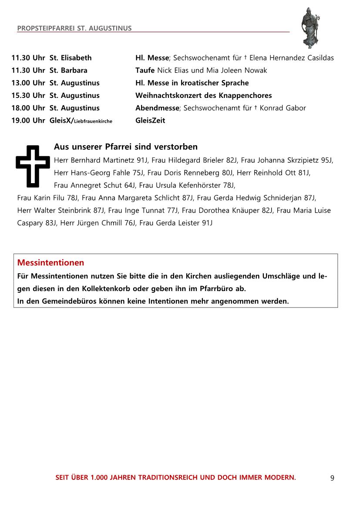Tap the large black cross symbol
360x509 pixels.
coord(33,165)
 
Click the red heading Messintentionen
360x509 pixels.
coord(50,263)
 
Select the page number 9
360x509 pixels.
coord(332,478)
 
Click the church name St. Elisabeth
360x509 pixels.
coord(71,57)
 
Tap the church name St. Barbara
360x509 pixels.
coord(68,70)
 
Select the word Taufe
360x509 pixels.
coord(145,70)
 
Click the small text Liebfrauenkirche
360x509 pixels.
coord(93,121)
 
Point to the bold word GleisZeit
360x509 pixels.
coord(150,121)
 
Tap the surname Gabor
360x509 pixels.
coord(296,108)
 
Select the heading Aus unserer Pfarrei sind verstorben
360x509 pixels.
coord(126,147)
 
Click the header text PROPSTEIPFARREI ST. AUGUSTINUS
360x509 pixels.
coord(74,28)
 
